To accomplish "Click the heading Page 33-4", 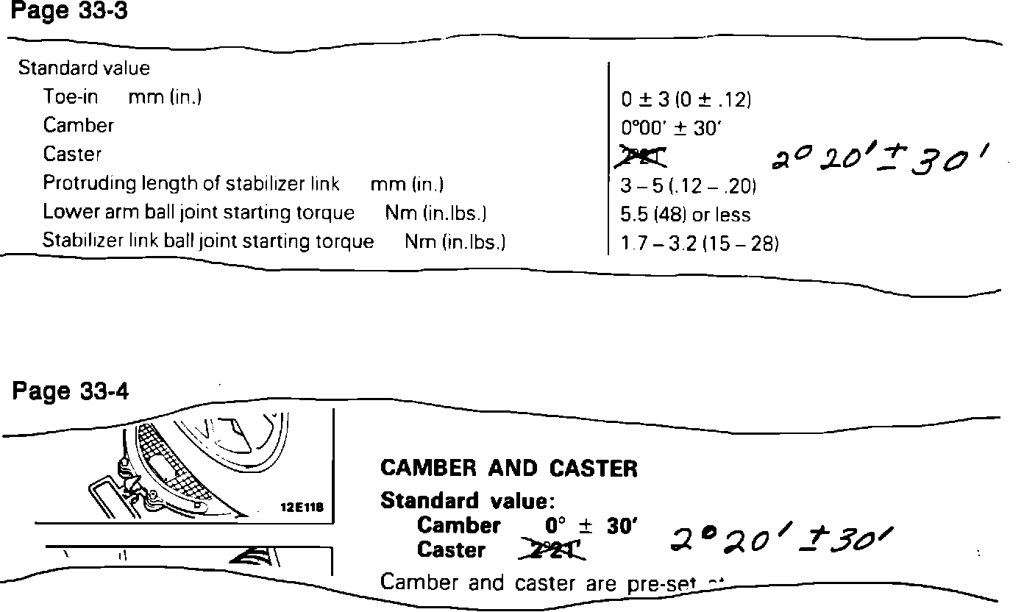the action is (x=70, y=392).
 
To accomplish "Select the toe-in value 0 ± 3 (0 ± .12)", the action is (x=686, y=100).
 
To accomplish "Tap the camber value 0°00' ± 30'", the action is (x=671, y=128).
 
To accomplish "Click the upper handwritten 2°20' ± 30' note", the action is (x=878, y=157).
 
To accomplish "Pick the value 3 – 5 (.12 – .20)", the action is (x=688, y=186).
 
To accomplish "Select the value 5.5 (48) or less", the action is (x=686, y=215).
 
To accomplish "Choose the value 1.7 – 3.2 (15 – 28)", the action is (x=700, y=243).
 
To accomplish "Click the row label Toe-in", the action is (x=71, y=96).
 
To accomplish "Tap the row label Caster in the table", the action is (x=72, y=154).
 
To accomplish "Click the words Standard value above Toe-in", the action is (x=84, y=68).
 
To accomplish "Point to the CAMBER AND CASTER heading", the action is (x=509, y=468).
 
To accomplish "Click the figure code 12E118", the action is (x=303, y=508).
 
